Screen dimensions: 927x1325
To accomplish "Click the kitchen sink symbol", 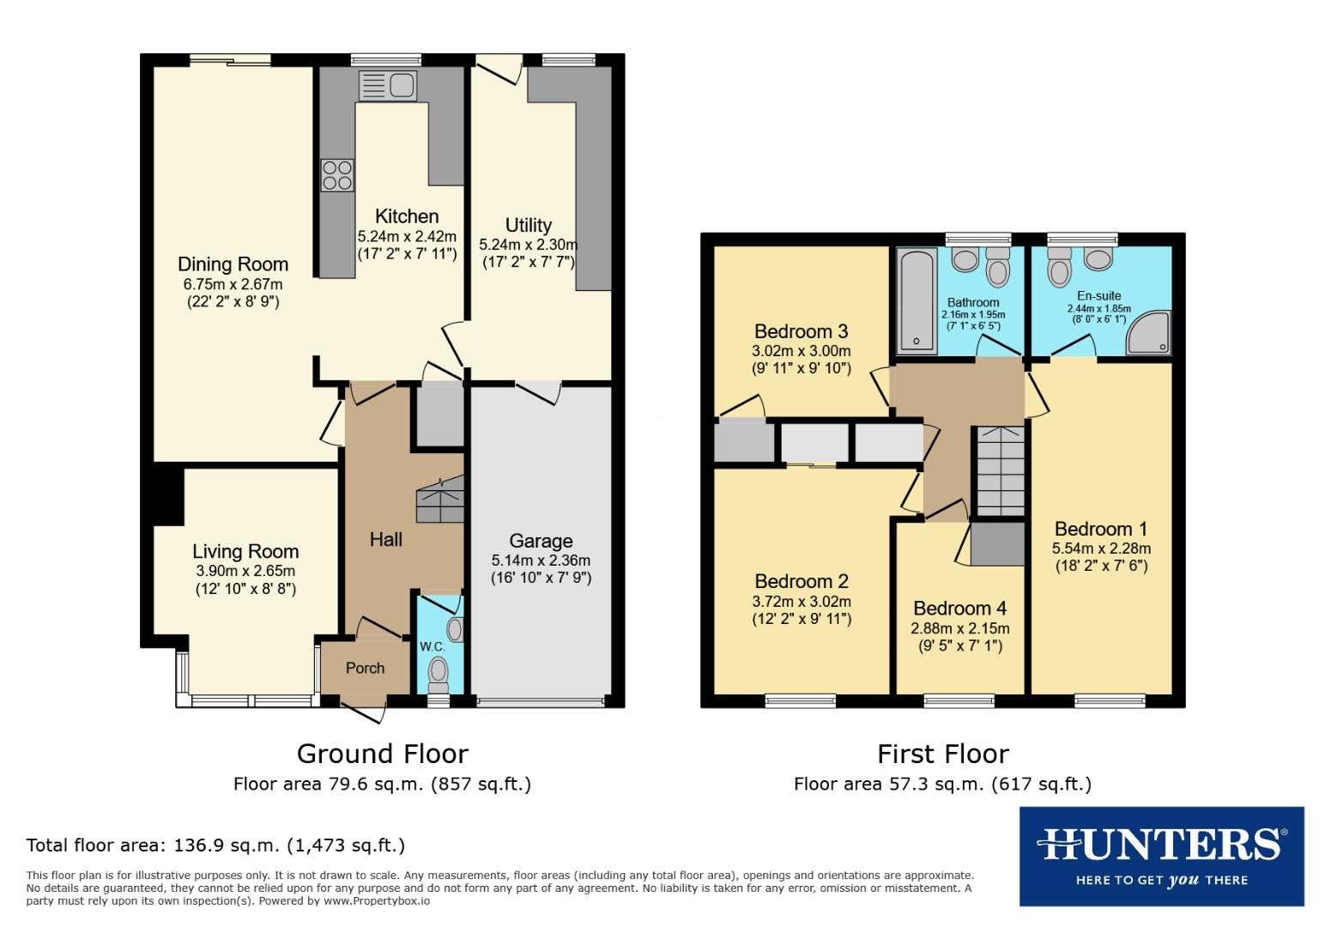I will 388,85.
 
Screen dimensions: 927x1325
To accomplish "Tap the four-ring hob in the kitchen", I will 336,175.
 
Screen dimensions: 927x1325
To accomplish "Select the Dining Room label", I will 233,264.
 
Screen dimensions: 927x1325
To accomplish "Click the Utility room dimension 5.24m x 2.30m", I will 528,245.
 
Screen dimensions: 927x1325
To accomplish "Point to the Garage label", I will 541,541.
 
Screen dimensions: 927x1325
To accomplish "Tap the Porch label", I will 365,668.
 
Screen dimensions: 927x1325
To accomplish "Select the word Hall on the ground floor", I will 386,539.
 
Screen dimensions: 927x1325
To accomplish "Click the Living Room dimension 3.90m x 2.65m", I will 245,571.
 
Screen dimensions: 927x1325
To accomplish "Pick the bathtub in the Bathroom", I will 917,300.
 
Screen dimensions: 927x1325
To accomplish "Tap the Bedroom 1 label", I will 1100,529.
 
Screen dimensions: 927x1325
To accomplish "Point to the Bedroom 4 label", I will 959,609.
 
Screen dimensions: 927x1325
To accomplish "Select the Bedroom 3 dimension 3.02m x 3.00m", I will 801,351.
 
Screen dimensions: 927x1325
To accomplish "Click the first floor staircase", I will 1001,472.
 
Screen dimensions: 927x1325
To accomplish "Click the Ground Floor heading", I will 382,754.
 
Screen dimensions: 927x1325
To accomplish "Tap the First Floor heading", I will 942,754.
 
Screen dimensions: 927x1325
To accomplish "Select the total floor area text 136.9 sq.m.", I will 215,845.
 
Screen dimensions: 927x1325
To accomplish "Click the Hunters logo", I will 1161,856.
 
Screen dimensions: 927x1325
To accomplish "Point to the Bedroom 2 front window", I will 800,700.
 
